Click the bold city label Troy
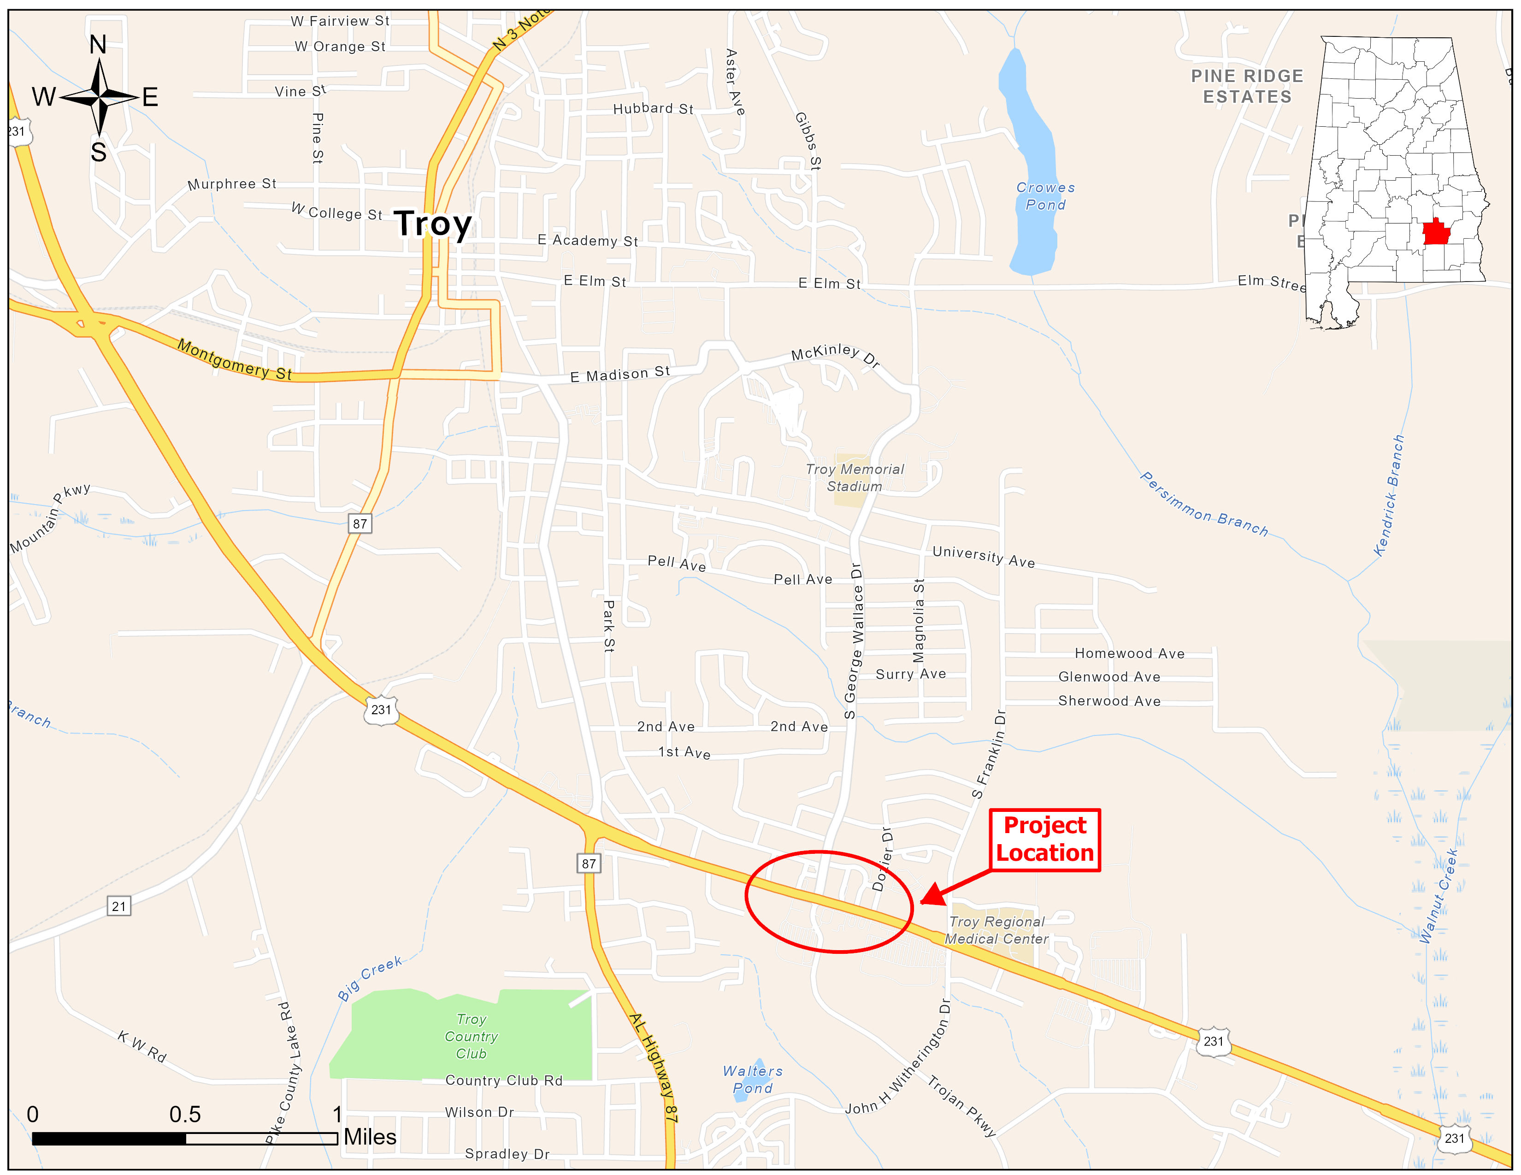tap(433, 223)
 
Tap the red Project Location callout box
tap(1044, 840)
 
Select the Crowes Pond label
tap(1045, 196)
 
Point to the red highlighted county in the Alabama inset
tap(1436, 232)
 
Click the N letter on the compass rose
tap(98, 45)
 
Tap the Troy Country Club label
tap(472, 1036)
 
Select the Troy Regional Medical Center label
tap(996, 930)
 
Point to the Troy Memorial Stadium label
tap(855, 477)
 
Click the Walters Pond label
tap(753, 1080)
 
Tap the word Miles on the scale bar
tap(370, 1137)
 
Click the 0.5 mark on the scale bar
tap(185, 1115)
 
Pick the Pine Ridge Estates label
tap(1247, 86)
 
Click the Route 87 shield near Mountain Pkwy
tap(360, 523)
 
